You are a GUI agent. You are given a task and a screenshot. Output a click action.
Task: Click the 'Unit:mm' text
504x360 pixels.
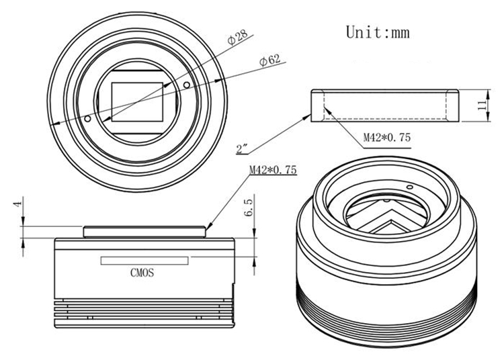378,32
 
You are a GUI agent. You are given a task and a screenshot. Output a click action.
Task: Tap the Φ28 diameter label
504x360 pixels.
237,37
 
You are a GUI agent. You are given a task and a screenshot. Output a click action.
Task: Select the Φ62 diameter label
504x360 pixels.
270,60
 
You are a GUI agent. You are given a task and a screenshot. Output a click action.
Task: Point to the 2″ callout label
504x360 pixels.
242,149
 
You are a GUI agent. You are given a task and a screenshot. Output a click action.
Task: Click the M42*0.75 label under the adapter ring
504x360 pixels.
387,138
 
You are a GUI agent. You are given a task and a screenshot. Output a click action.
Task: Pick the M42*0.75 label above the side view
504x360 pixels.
273,169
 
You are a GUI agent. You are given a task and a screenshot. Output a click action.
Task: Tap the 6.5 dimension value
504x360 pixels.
249,207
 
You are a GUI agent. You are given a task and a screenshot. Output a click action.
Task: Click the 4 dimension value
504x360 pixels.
18,204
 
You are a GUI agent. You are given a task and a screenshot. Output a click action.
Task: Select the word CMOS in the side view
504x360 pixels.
142,273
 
